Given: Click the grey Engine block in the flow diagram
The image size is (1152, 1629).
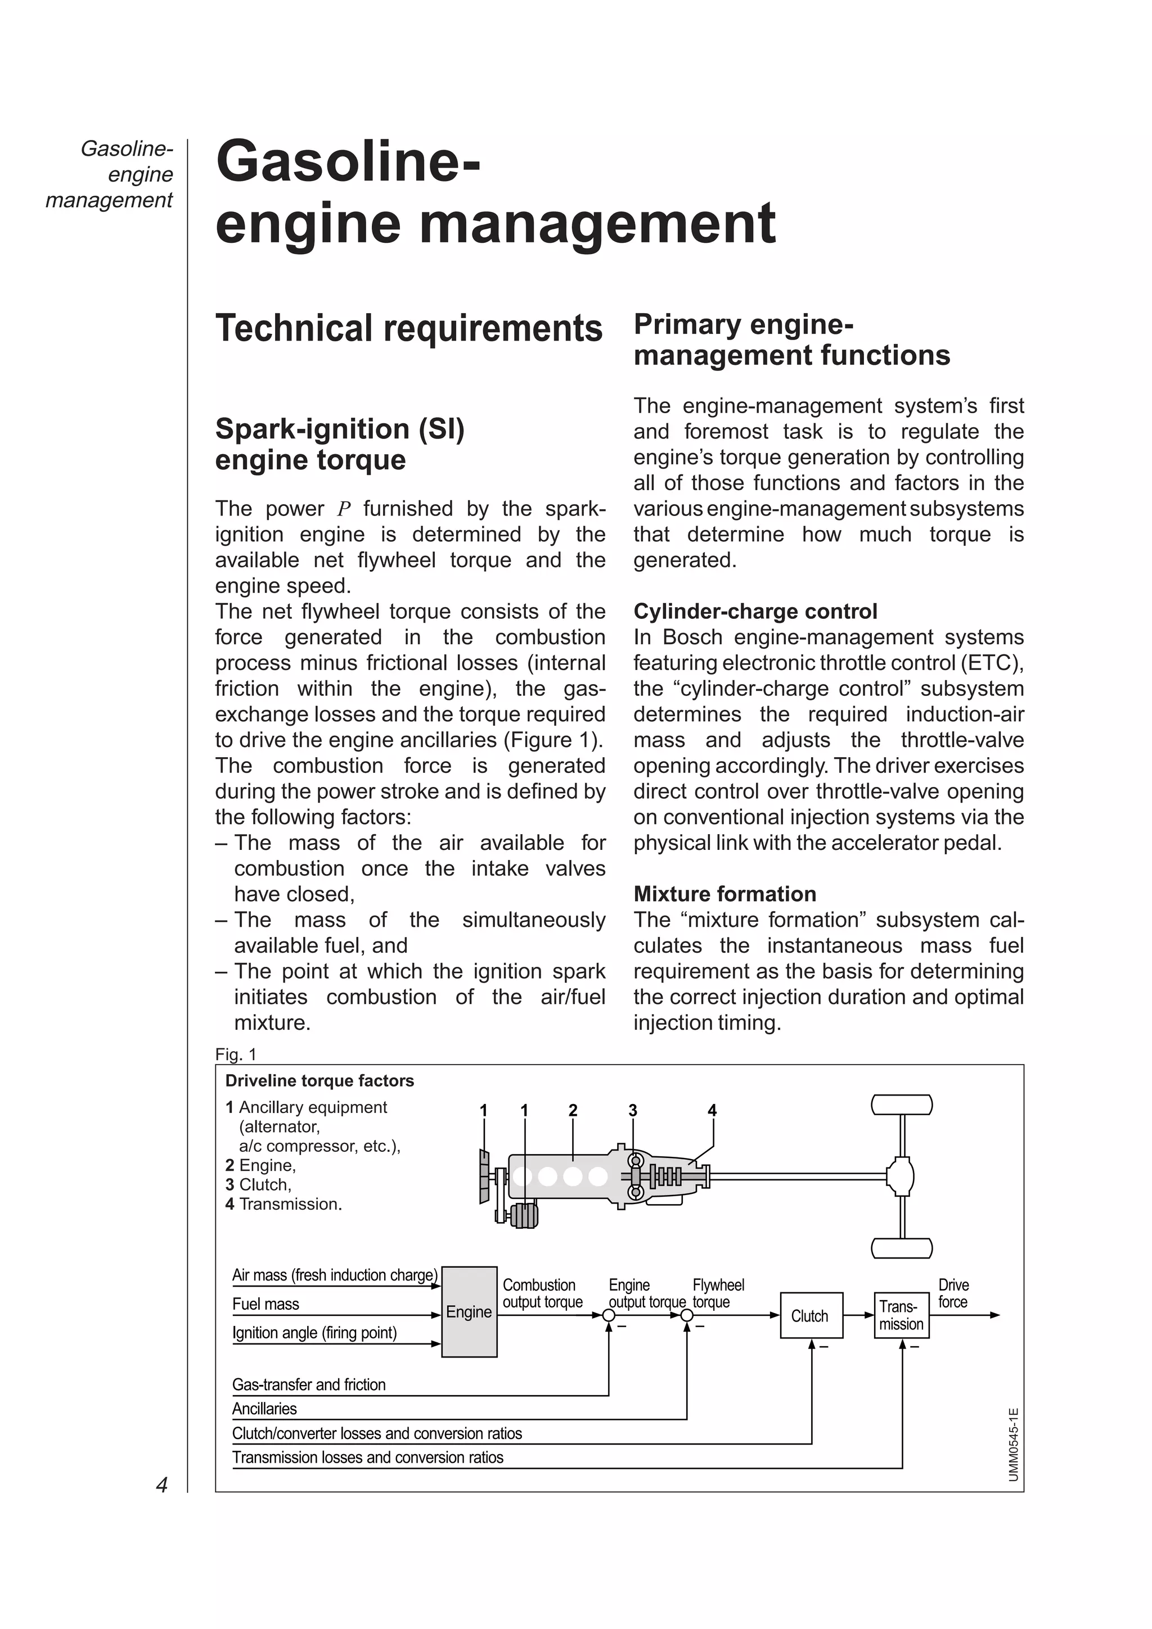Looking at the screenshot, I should click(x=469, y=1311).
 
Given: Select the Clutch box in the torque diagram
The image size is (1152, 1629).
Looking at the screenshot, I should click(x=809, y=1315).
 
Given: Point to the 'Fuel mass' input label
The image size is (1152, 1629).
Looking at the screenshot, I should click(x=265, y=1304).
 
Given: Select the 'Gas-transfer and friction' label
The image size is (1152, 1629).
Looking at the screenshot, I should click(x=309, y=1384).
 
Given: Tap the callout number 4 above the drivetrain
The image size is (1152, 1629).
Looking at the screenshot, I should click(x=712, y=1110).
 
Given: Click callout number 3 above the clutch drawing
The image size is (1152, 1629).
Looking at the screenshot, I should click(x=632, y=1110).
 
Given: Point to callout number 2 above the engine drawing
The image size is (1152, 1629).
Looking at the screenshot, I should click(x=573, y=1110).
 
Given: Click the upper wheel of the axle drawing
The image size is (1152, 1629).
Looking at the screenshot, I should click(x=902, y=1105).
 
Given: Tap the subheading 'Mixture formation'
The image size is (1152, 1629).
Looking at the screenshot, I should click(x=724, y=893).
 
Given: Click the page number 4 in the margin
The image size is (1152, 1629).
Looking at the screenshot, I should click(x=162, y=1485).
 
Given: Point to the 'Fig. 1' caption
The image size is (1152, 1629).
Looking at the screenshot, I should click(x=236, y=1055).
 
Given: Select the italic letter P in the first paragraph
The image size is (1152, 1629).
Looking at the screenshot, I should click(x=344, y=509).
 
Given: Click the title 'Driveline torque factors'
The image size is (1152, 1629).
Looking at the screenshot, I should click(x=319, y=1080).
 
